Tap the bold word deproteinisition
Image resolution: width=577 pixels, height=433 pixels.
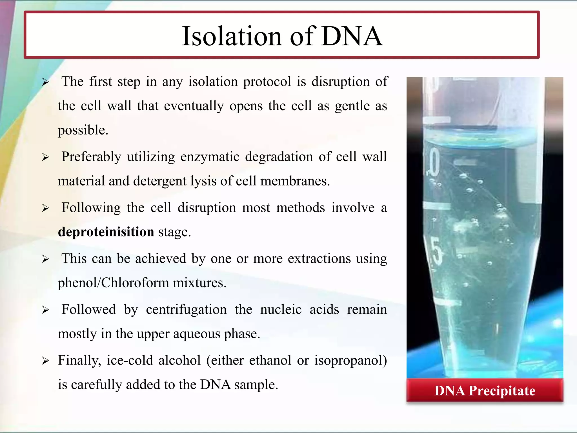click(x=106, y=232)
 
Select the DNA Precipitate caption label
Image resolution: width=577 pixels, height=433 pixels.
click(x=485, y=391)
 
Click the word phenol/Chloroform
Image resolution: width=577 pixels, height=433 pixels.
click(x=113, y=283)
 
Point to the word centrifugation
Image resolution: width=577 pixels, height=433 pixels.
click(x=186, y=310)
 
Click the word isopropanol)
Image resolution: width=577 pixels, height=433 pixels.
click(x=350, y=361)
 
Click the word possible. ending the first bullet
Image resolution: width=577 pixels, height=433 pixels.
click(x=83, y=130)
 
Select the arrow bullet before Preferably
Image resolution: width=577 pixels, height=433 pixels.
click(x=46, y=157)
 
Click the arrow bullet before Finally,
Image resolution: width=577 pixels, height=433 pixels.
click(x=46, y=361)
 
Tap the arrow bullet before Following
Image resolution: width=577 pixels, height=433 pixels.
click(x=46, y=208)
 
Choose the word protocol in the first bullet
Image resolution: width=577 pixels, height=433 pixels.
click(x=267, y=82)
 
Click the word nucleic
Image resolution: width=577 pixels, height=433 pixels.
click(x=281, y=310)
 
